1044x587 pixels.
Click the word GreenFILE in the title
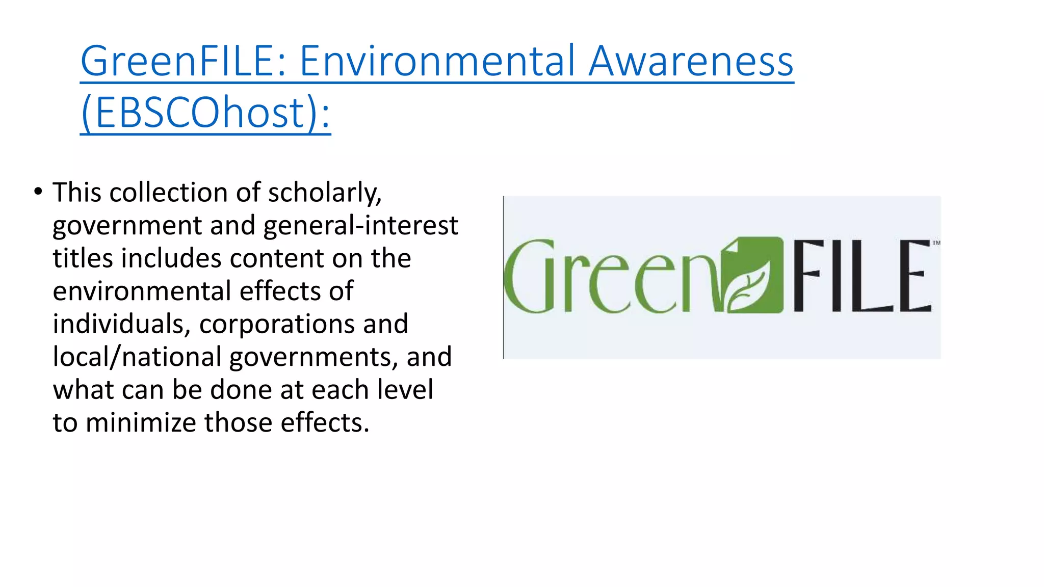click(x=178, y=61)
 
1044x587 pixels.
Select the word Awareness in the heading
click(x=691, y=61)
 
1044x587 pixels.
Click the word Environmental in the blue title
click(x=438, y=61)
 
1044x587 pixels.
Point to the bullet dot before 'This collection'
click(x=38, y=192)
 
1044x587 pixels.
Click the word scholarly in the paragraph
click(x=324, y=193)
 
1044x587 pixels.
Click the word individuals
click(x=121, y=324)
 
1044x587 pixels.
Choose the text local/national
click(x=137, y=357)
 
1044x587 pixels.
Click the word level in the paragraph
click(x=405, y=389)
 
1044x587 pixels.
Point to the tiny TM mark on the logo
click(x=936, y=243)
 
